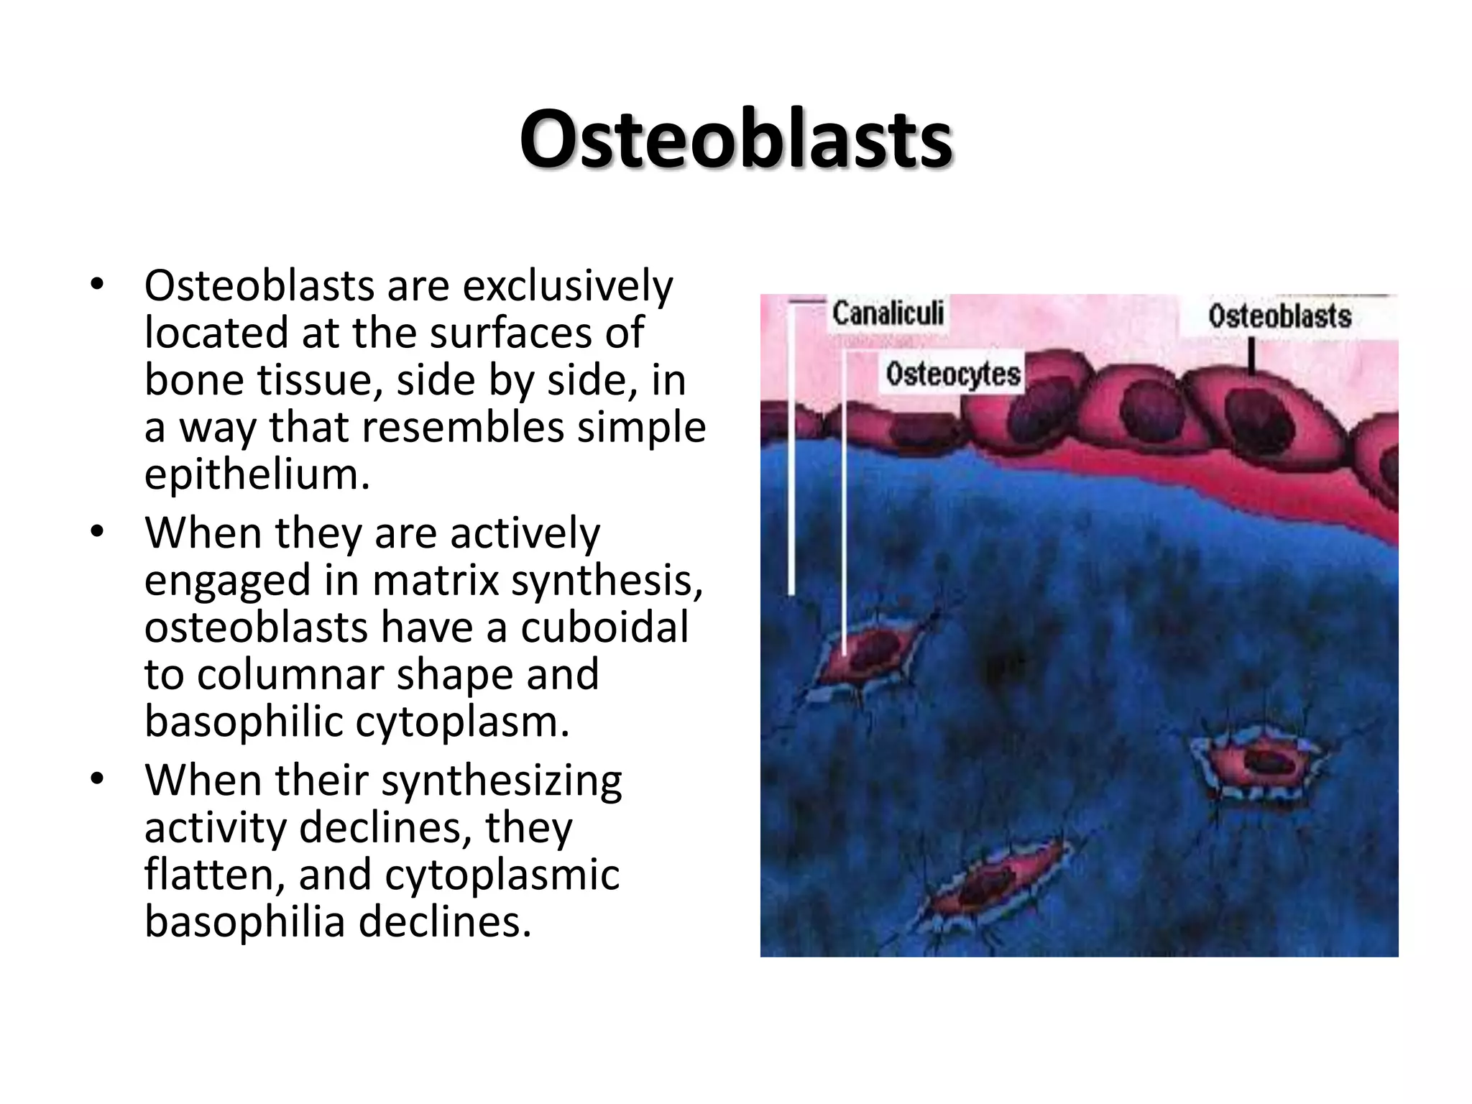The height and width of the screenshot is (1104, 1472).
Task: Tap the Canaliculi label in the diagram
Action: pyautogui.click(x=888, y=314)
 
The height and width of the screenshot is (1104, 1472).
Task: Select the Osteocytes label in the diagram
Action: pyautogui.click(x=952, y=374)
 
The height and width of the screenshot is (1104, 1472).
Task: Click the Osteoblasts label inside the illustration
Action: pyautogui.click(x=1279, y=316)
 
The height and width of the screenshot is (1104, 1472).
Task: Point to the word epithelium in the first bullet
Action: pyautogui.click(x=257, y=474)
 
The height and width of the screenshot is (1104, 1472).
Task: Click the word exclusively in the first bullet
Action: pyautogui.click(x=567, y=286)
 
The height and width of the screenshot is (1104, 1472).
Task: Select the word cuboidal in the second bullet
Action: pyautogui.click(x=604, y=627)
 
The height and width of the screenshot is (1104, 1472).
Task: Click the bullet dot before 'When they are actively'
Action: pyautogui.click(x=98, y=533)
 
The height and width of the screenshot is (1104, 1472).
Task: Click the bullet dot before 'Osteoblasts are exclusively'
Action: pyautogui.click(x=98, y=286)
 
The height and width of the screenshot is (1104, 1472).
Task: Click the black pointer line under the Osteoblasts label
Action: pyautogui.click(x=1251, y=356)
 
